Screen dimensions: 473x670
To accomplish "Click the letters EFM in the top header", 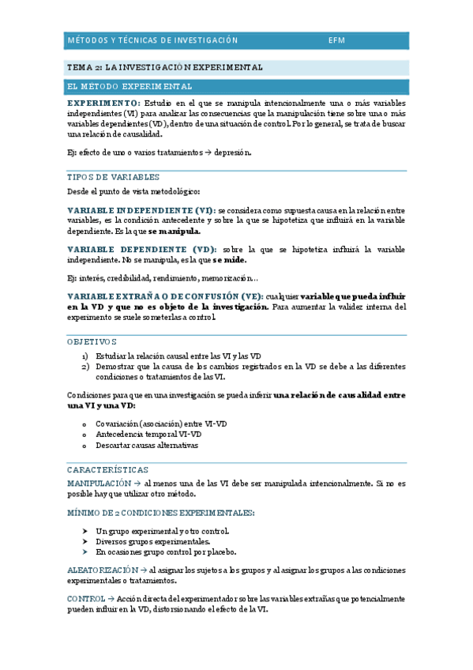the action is click(336, 40).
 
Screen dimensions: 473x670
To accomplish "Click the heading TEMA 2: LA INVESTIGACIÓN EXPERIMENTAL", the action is click(164, 68).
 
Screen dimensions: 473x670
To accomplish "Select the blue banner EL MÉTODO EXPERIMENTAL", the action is click(129, 86).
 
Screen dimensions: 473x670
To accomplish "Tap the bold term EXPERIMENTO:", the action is click(104, 104).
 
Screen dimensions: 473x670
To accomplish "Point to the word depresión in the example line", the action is click(234, 153).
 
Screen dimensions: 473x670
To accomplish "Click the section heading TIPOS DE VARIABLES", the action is click(114, 177).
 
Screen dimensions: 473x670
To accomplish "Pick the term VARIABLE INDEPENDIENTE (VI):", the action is click(141, 209).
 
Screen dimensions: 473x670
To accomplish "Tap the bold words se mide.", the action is click(229, 260).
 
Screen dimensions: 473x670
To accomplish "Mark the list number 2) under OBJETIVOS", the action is click(85, 367).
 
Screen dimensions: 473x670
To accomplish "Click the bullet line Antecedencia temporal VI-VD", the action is click(148, 434).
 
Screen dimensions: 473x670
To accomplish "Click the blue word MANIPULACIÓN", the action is click(99, 482).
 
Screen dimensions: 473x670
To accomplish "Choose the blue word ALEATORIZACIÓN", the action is click(102, 570).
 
